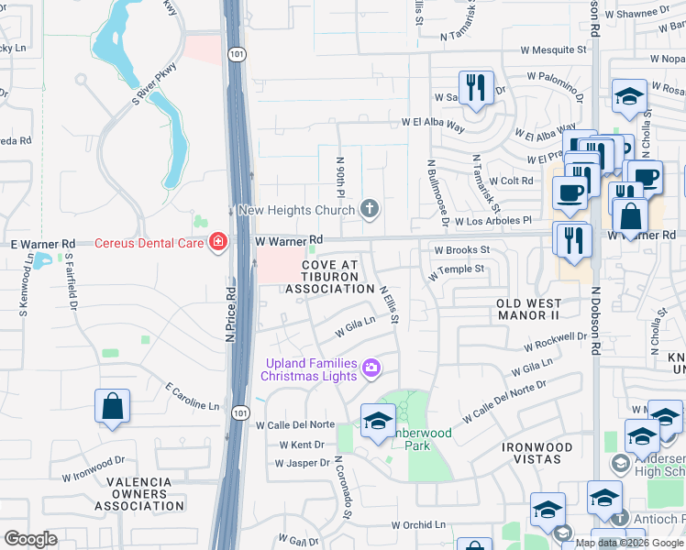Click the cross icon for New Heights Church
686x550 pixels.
(370, 209)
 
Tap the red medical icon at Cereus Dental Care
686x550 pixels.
(217, 243)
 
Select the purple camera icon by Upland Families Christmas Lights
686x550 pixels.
(371, 368)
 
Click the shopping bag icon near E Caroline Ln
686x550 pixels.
(112, 407)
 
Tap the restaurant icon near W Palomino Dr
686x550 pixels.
(475, 89)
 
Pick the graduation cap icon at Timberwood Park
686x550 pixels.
(377, 422)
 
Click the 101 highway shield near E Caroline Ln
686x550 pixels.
(239, 412)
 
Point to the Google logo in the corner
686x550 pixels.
(30, 539)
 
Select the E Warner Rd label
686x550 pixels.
(42, 244)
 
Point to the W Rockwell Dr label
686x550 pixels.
(555, 342)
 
